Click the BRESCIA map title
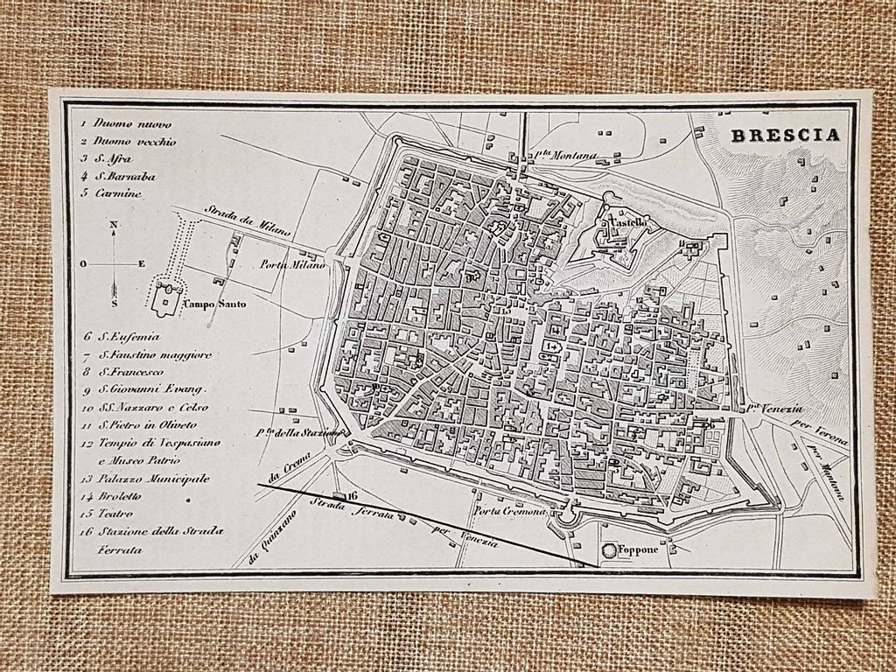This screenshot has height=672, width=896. [x=785, y=135]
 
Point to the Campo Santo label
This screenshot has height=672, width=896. [x=214, y=304]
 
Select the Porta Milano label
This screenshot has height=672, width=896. [x=293, y=264]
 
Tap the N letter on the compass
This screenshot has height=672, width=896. [x=114, y=226]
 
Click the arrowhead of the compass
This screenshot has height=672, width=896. [x=114, y=288]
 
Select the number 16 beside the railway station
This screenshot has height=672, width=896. [x=353, y=495]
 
